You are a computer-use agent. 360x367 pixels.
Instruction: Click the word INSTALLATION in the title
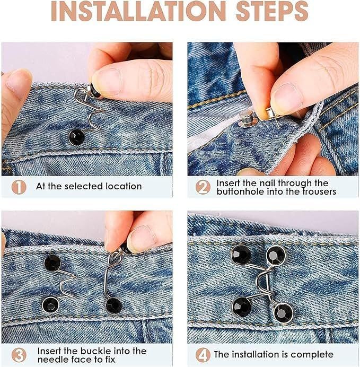(138, 11)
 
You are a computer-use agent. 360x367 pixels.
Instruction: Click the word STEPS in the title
(272, 11)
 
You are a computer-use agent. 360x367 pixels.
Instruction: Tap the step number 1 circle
(19, 187)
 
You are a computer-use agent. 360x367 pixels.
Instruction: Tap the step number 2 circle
(203, 187)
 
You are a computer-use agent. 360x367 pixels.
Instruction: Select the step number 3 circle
(19, 355)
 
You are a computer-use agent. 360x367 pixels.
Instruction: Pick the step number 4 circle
(203, 355)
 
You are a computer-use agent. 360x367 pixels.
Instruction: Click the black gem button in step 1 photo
(76, 137)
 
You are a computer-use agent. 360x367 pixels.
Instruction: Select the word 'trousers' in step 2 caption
(319, 191)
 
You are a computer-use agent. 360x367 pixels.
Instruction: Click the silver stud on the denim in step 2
(248, 119)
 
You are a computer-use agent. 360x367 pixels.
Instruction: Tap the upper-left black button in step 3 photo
(52, 263)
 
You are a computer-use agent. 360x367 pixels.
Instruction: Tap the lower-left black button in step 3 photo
(50, 305)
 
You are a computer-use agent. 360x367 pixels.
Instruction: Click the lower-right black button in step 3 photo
(114, 305)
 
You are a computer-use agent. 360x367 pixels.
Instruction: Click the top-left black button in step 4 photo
(241, 255)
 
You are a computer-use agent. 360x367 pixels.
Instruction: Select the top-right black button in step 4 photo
(276, 255)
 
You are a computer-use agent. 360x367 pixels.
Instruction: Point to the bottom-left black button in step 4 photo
(242, 307)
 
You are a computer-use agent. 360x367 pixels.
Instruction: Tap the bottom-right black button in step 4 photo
(283, 313)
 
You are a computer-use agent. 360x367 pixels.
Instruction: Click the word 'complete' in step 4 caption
(312, 355)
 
